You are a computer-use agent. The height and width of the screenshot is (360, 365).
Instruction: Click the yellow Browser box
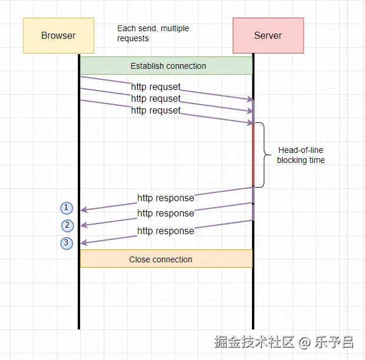58,35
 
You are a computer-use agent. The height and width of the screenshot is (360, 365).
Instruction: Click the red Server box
268,35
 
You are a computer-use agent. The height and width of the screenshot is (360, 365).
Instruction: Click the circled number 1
67,208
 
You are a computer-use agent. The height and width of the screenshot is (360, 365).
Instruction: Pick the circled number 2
67,225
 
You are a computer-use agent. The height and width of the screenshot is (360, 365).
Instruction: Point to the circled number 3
67,243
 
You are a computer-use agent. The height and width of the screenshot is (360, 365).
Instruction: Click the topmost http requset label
155,87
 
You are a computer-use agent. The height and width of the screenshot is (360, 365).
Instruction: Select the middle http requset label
155,99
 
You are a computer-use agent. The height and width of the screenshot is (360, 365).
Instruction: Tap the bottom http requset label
155,111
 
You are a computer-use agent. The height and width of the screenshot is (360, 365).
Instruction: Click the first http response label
165,198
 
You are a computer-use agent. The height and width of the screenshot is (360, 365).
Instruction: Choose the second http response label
165,214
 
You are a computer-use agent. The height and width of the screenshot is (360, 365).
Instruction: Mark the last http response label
165,231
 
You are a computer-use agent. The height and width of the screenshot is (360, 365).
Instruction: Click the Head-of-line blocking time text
300,155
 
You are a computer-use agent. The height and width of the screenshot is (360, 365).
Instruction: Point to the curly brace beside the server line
261,155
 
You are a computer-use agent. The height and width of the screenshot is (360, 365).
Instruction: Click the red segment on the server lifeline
253,156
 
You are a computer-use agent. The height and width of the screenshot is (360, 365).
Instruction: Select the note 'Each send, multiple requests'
152,34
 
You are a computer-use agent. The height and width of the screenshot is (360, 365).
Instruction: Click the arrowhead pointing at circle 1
83,209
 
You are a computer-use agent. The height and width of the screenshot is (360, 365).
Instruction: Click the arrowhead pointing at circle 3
83,242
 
